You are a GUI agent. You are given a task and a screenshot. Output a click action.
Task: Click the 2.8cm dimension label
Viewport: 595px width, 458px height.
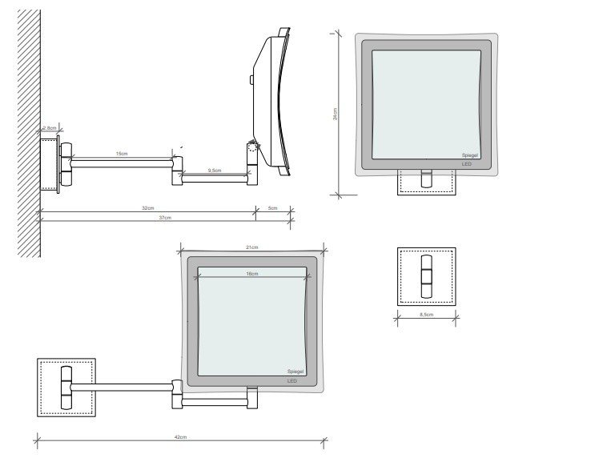pyautogui.click(x=50, y=128)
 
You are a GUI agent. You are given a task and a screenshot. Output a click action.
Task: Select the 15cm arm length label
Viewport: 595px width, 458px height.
pyautogui.click(x=119, y=152)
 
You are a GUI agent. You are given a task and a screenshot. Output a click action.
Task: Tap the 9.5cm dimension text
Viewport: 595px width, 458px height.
pyautogui.click(x=214, y=171)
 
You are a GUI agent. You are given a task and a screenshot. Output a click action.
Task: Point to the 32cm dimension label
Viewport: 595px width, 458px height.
pyautogui.click(x=147, y=208)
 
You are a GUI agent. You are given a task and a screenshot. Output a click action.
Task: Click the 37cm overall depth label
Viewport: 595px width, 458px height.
pyautogui.click(x=165, y=218)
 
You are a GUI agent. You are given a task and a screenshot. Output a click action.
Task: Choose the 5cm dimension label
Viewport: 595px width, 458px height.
pyautogui.click(x=272, y=208)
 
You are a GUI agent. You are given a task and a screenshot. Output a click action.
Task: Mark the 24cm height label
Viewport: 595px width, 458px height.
pyautogui.click(x=336, y=114)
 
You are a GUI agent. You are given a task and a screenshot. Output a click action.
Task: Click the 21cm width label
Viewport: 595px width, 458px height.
pyautogui.click(x=251, y=248)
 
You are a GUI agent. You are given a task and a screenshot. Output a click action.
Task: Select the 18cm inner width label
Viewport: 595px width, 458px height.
pyautogui.click(x=251, y=274)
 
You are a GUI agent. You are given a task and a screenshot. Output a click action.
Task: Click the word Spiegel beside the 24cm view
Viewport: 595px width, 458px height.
pyautogui.click(x=471, y=155)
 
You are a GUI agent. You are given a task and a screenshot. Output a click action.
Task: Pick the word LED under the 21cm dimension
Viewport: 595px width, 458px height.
pyautogui.click(x=292, y=381)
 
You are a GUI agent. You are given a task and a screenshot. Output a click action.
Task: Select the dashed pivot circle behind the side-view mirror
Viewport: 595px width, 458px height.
pyautogui.click(x=254, y=147)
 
